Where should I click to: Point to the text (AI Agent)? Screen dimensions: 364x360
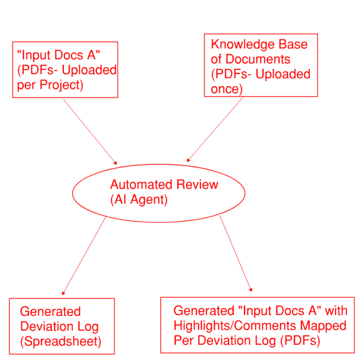138,200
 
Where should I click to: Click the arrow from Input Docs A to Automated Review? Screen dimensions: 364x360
90,131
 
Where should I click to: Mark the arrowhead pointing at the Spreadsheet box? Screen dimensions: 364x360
63,293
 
